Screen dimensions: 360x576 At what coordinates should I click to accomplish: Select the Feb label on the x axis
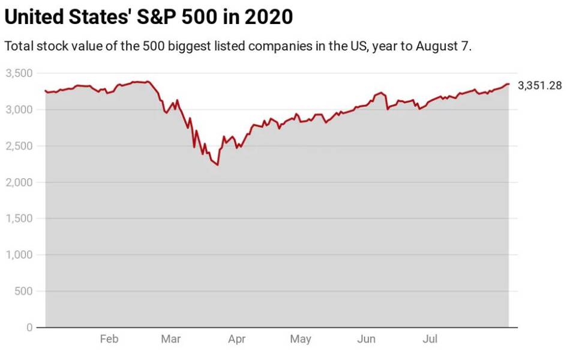pos(109,340)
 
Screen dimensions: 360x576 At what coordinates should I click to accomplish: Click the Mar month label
pos(171,340)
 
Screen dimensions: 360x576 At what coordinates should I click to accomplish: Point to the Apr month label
pos(236,340)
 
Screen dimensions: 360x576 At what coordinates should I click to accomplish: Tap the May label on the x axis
pos(301,340)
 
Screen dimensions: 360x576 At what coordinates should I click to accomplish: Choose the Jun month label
pos(366,340)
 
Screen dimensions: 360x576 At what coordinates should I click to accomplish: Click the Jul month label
pos(430,340)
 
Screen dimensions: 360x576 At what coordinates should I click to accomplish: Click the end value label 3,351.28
pos(539,85)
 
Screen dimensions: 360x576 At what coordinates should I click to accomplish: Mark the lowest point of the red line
pos(217,165)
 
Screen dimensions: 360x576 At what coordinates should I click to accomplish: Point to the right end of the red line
pos(509,84)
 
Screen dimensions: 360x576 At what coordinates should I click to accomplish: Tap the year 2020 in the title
pos(269,17)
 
